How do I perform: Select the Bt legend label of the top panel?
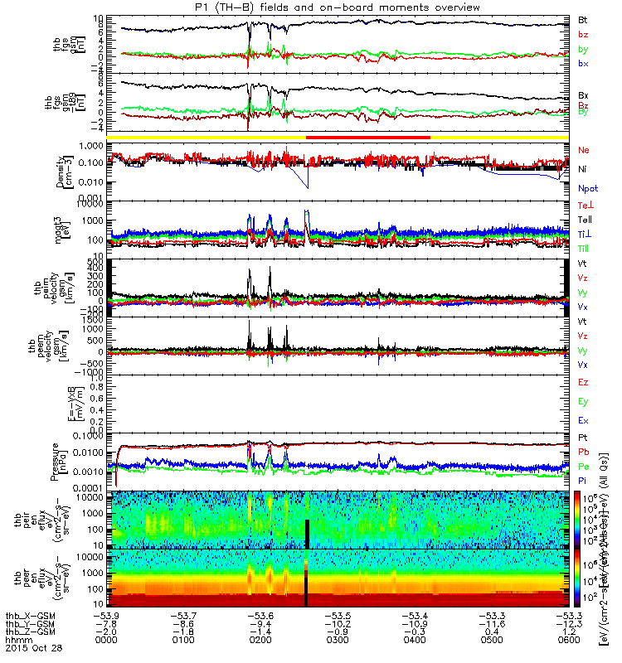583,18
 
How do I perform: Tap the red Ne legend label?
584,150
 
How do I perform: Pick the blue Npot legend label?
588,188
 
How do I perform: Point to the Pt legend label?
583,437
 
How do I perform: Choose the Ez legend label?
584,383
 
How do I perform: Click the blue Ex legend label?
584,421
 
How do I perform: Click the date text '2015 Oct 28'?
28,651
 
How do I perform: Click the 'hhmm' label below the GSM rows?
14,642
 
